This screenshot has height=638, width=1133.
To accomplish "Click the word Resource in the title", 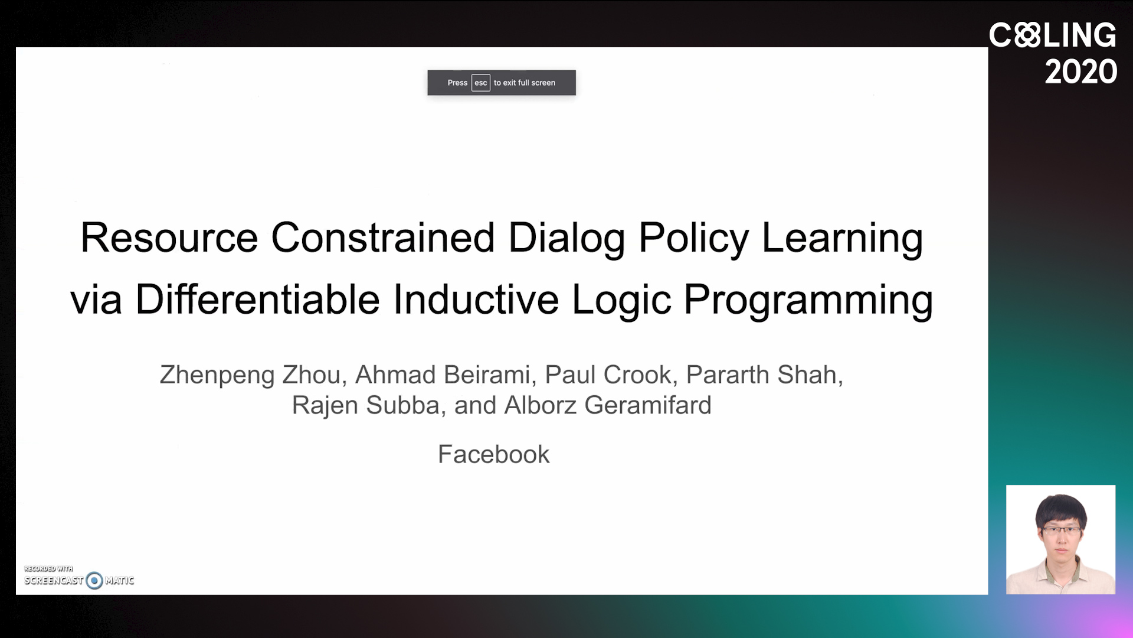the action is pyautogui.click(x=169, y=237).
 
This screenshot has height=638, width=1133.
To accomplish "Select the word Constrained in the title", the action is pyautogui.click(x=382, y=237).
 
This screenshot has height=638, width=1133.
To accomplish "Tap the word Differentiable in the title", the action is pyautogui.click(x=257, y=299).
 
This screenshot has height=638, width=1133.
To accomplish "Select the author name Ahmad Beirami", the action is pyautogui.click(x=443, y=375).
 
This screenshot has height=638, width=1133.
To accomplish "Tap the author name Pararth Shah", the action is pyautogui.click(x=761, y=375).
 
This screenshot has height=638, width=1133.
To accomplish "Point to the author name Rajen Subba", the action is pyautogui.click(x=366, y=405).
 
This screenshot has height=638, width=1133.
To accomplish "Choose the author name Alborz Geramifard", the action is pyautogui.click(x=608, y=405).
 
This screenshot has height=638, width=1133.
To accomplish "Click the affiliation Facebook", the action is pyautogui.click(x=493, y=454).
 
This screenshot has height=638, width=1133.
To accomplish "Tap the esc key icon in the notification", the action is pyautogui.click(x=481, y=83).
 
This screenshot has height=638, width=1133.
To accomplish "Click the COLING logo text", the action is pyautogui.click(x=1053, y=35).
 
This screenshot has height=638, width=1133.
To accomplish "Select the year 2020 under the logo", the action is pyautogui.click(x=1081, y=71).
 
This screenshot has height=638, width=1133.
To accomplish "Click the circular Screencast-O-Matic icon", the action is pyautogui.click(x=94, y=581).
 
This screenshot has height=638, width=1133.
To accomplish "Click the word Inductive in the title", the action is pyautogui.click(x=476, y=299).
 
